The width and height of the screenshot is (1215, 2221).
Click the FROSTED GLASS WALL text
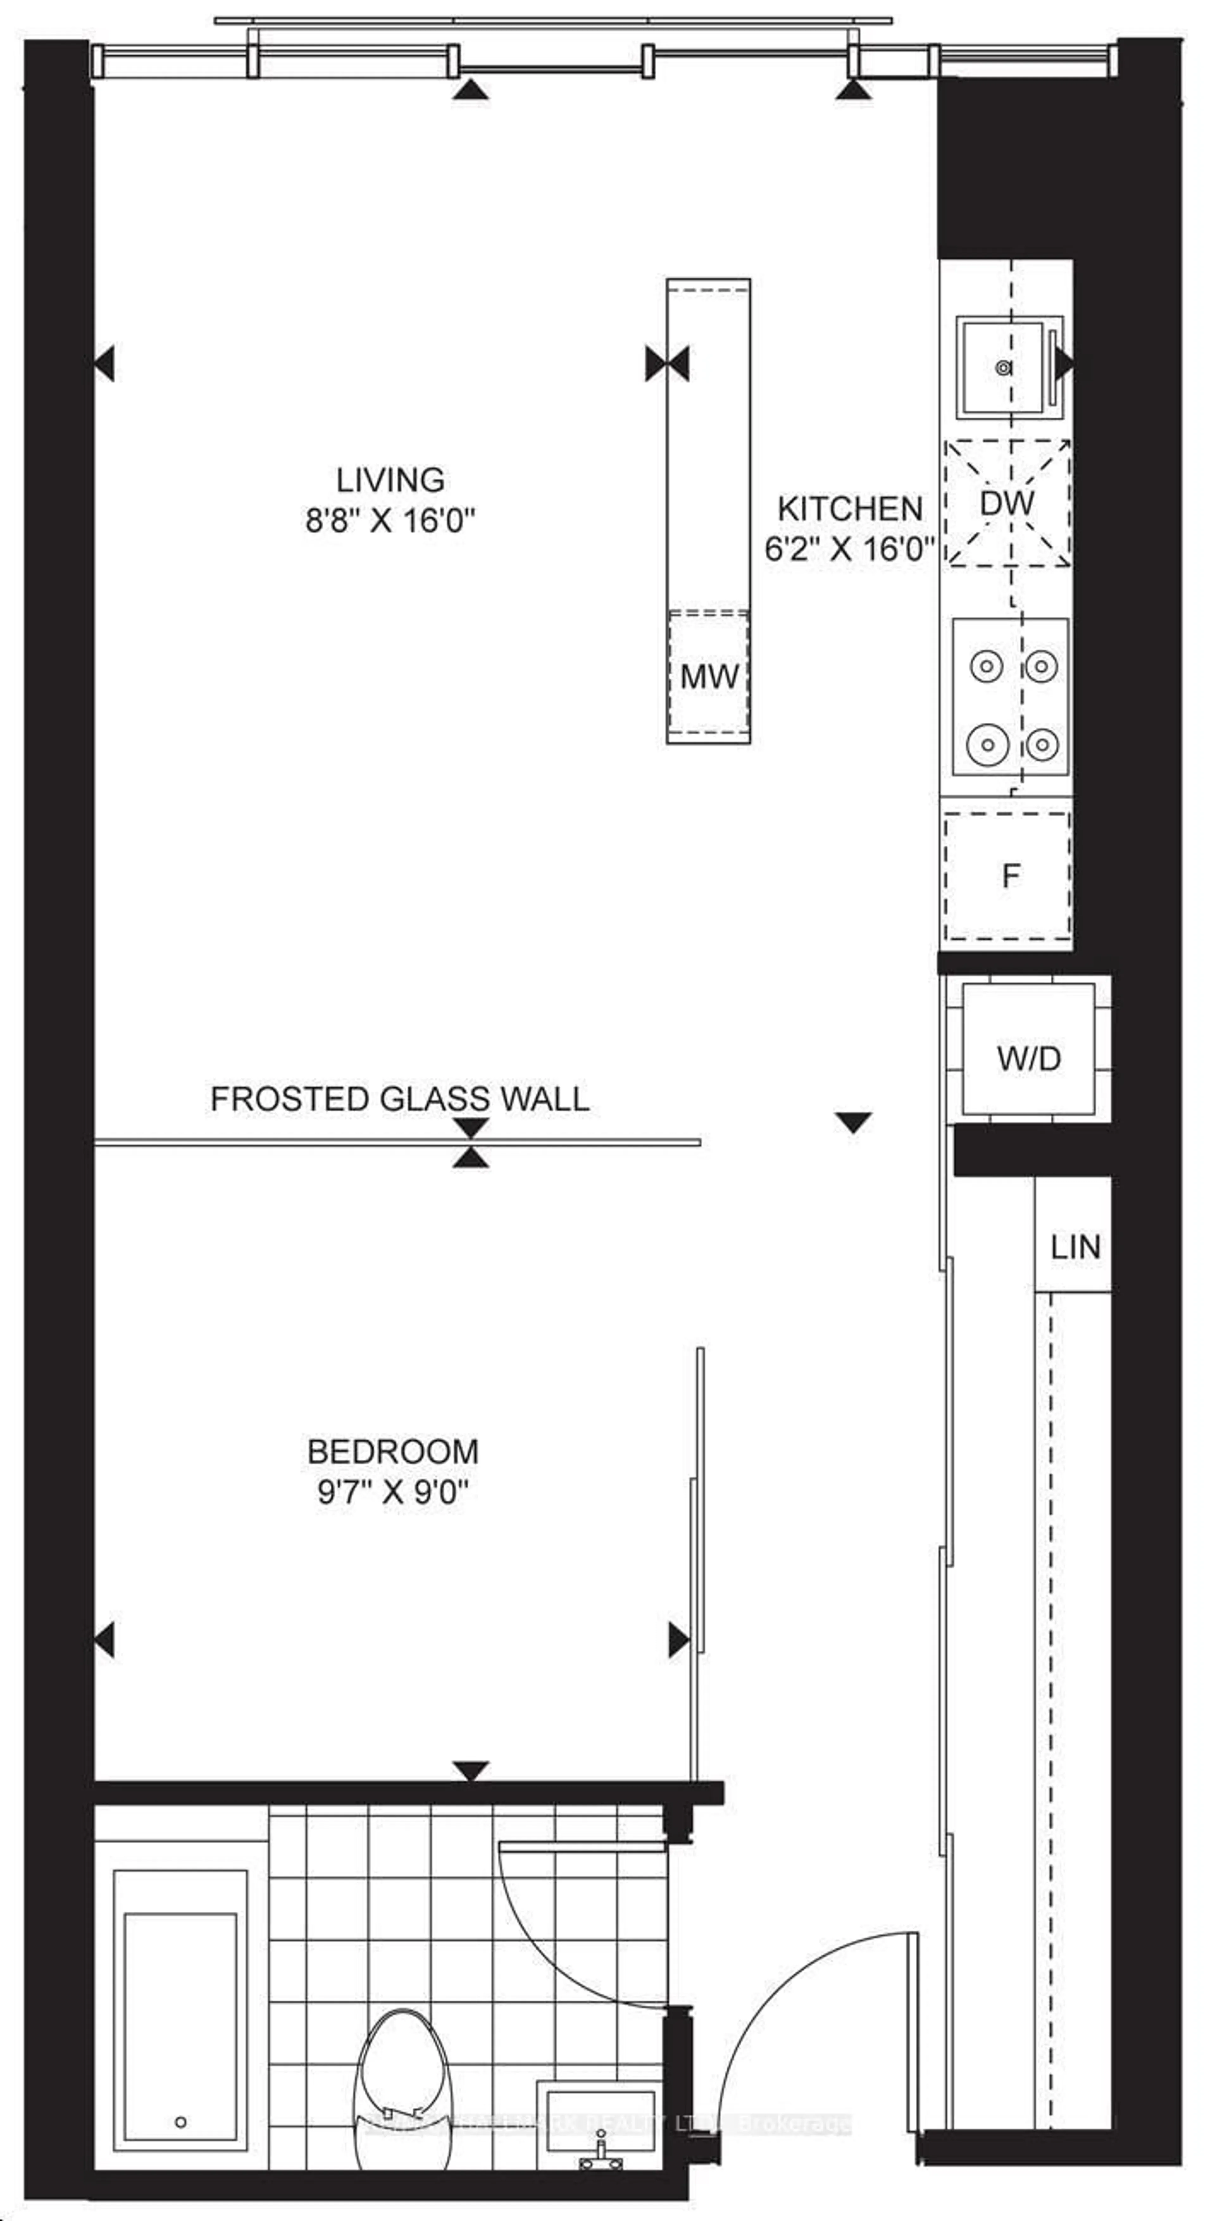pos(399,1098)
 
